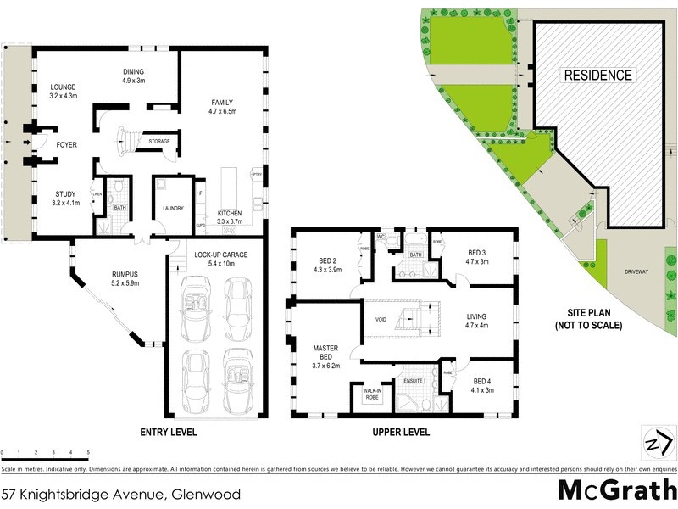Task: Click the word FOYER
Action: click(x=66, y=145)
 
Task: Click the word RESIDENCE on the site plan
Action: click(x=598, y=76)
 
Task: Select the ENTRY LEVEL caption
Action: click(x=168, y=432)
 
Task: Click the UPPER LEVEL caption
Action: click(x=401, y=432)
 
